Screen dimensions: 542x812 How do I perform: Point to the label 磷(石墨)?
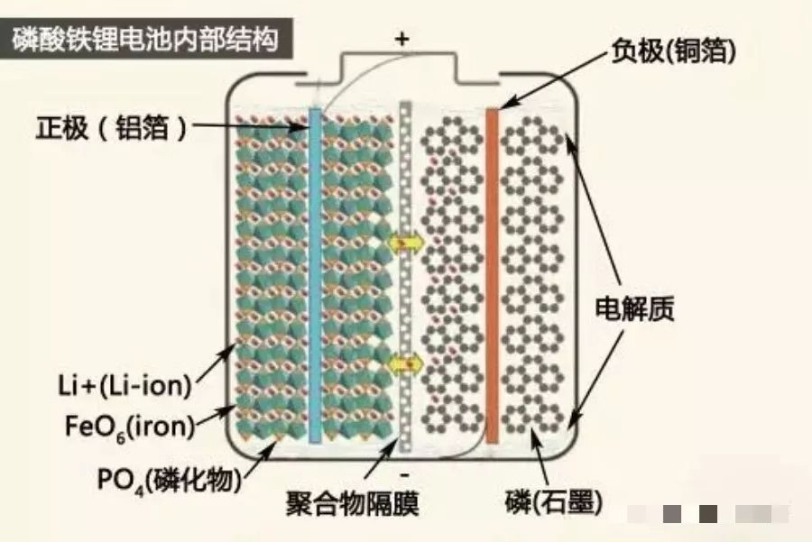click(556, 502)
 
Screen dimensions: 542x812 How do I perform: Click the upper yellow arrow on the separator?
click(406, 243)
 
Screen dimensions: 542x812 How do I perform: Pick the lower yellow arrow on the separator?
click(406, 363)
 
